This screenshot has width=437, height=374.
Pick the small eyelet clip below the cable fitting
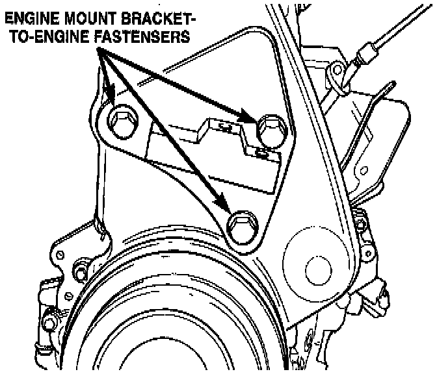pos(336,69)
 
